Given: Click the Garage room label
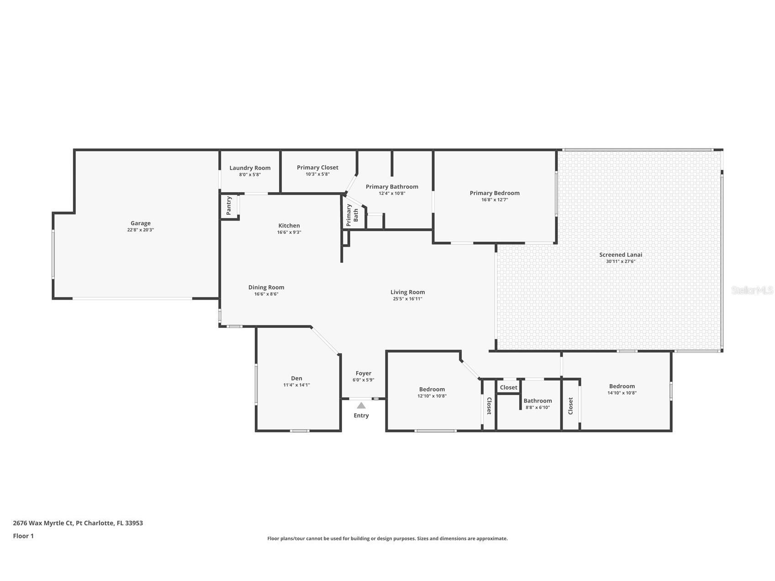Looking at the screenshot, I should tap(140, 223).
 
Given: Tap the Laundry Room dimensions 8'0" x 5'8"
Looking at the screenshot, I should tap(250, 174).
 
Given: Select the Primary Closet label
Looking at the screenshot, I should tap(317, 168).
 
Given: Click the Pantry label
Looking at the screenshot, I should tap(229, 206).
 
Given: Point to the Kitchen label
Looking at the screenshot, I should tap(289, 226).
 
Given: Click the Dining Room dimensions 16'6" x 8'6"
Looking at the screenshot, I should tap(266, 294).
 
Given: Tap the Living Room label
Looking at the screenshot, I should tap(407, 292).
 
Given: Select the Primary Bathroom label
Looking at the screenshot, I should tap(392, 187).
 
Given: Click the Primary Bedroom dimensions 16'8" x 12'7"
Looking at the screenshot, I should tap(495, 200).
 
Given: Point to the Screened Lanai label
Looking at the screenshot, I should tap(621, 255).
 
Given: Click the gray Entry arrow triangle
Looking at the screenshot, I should tap(361, 406).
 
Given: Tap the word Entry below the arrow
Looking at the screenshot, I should tap(361, 416).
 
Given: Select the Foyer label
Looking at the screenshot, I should tap(364, 374).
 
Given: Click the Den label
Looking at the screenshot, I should tap(296, 378).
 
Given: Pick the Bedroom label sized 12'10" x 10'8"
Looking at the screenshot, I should tap(432, 390).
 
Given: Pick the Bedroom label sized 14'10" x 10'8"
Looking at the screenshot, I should tap(622, 386).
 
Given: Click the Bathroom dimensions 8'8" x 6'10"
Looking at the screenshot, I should tap(538, 407).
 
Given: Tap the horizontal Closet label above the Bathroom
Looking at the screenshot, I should tap(508, 388).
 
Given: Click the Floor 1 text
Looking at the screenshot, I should tap(23, 536).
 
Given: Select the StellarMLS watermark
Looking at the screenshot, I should tap(752, 290).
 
